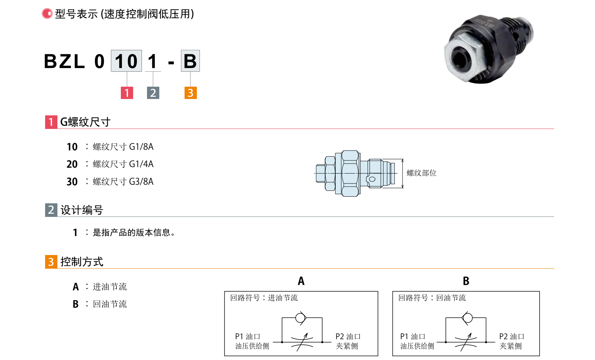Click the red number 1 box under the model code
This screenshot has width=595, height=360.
tap(127, 93)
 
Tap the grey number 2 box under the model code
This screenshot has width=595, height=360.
tap(153, 93)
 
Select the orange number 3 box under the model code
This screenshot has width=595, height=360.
tap(191, 93)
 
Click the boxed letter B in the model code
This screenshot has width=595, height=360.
tap(190, 61)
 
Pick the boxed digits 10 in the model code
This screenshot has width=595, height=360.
tap(126, 61)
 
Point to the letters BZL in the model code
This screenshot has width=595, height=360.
tap(65, 61)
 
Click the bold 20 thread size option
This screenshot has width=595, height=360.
tap(72, 164)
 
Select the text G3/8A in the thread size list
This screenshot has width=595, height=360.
tap(141, 182)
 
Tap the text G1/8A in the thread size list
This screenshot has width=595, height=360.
tap(141, 147)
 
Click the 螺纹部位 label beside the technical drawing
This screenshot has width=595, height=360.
tap(421, 173)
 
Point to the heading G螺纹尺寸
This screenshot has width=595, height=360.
tap(85, 122)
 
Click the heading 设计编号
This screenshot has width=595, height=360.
tap(82, 210)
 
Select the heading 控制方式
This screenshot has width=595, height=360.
tap(82, 262)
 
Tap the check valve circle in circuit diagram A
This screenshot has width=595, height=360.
tap(300, 317)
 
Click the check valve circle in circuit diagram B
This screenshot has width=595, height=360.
tap(468, 317)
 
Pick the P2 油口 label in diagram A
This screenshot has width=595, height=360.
tap(348, 337)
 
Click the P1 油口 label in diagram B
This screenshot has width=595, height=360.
tap(413, 337)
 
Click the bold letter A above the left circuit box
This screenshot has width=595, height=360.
tap(301, 281)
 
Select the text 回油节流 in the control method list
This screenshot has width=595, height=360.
tap(110, 304)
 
